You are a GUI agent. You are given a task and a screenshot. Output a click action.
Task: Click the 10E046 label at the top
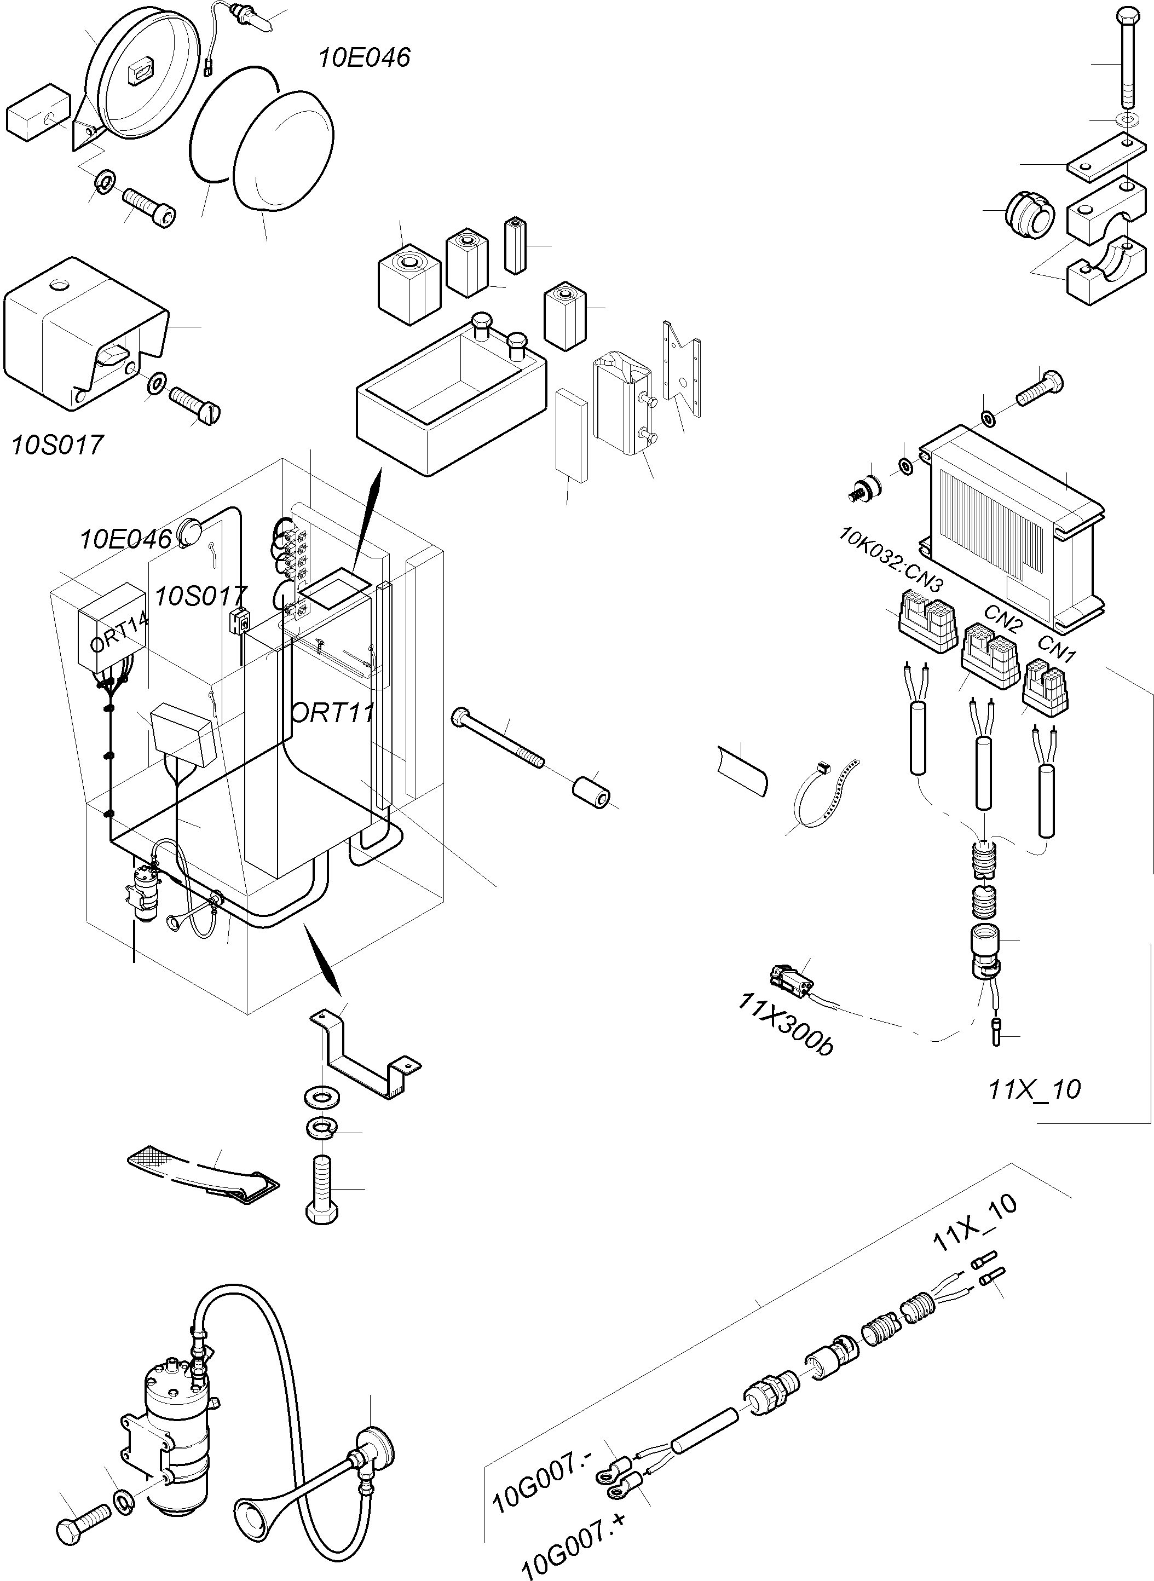(x=364, y=57)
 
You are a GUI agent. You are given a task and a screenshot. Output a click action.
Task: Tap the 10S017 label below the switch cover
(x=57, y=445)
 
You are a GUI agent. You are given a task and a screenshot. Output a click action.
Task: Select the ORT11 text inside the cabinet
(x=331, y=713)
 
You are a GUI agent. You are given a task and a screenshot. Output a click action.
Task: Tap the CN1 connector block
(x=1046, y=688)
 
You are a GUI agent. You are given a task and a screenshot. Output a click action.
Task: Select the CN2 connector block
(x=990, y=655)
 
